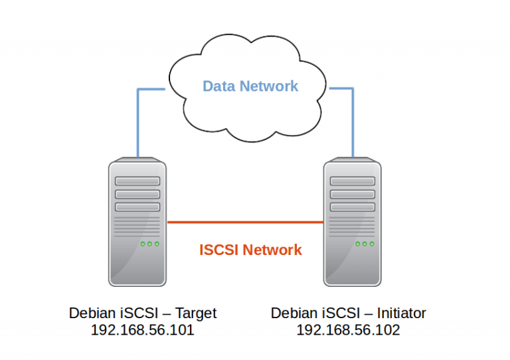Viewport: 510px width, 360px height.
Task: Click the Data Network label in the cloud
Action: click(x=250, y=86)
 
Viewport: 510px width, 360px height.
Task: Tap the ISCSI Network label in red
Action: click(x=250, y=250)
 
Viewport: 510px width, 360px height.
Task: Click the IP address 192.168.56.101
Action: click(x=142, y=330)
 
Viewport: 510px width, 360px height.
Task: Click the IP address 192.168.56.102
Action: click(x=348, y=330)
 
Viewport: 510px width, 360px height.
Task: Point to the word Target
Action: click(x=196, y=313)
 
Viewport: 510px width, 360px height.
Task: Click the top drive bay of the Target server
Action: click(x=137, y=181)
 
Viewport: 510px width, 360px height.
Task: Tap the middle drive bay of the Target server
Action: click(x=137, y=194)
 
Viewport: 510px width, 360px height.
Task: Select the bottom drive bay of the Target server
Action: click(x=137, y=207)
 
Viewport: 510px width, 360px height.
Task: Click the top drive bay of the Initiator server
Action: click(x=352, y=181)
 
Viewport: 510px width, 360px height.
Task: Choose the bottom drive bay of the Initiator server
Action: click(x=352, y=207)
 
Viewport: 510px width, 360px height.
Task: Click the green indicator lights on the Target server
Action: click(x=149, y=244)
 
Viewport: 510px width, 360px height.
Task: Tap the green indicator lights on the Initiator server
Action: click(x=364, y=244)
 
